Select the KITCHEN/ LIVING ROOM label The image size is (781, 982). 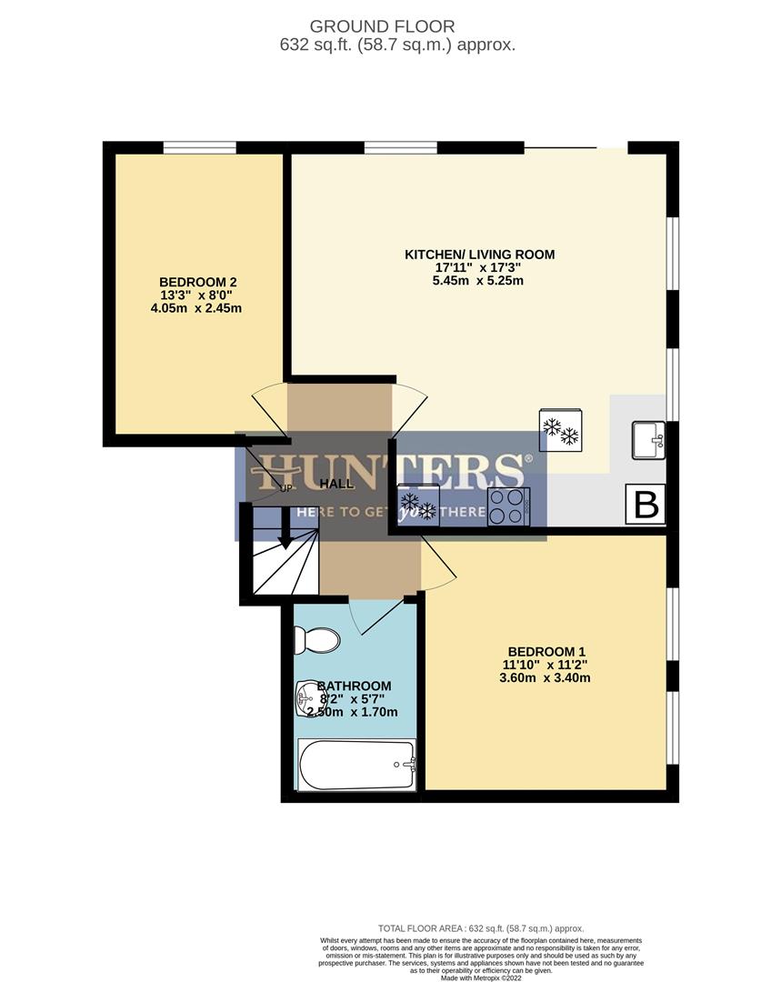coord(479,254)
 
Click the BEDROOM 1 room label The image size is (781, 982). coord(546,651)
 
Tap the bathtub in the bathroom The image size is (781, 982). coord(357,765)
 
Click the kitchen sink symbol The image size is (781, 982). coord(648,440)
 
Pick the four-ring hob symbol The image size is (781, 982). coord(509,506)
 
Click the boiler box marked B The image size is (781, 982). coord(646,505)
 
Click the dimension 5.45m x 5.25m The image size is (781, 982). coord(479,281)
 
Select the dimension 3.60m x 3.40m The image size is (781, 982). coord(546,678)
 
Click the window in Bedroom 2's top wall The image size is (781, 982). coord(200,146)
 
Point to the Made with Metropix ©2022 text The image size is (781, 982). coord(482,977)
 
